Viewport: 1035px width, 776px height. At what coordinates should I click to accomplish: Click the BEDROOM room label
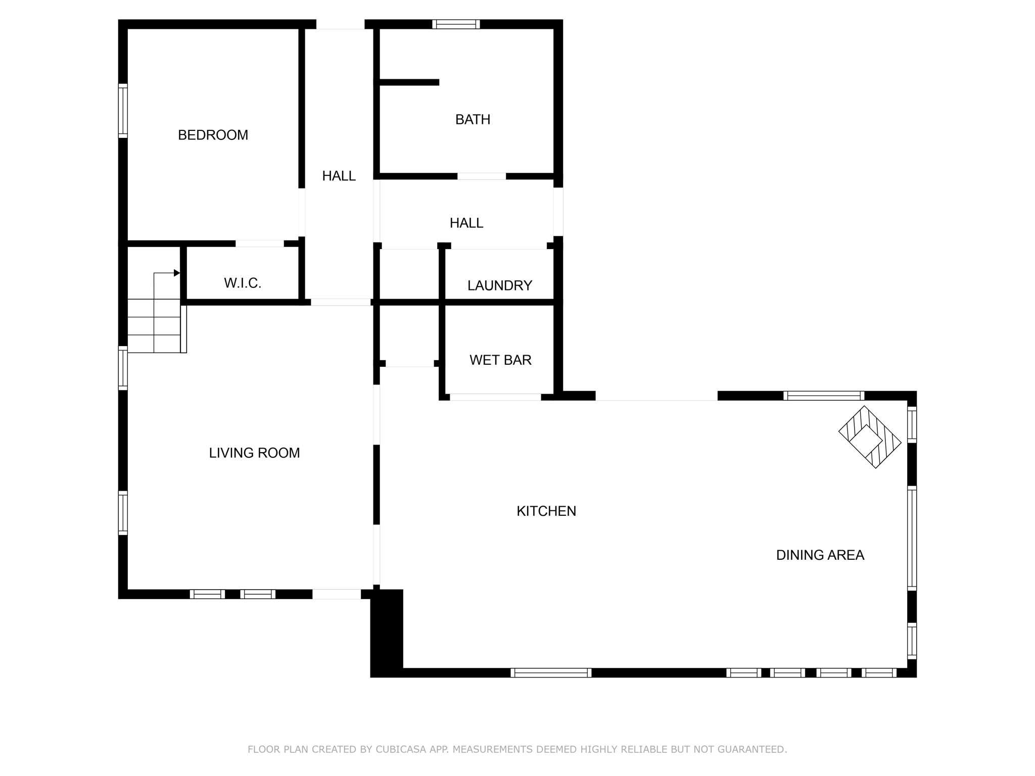[x=213, y=135]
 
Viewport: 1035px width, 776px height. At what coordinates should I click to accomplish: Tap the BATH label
[x=473, y=120]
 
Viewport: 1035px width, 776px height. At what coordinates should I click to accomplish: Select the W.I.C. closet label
[x=243, y=283]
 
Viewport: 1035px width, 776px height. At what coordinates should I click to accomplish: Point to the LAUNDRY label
[x=499, y=286]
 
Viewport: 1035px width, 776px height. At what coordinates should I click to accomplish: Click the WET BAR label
[x=500, y=360]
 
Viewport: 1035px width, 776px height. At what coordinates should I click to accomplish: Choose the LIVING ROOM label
[x=254, y=453]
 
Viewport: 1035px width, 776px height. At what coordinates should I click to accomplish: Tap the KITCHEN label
[x=546, y=511]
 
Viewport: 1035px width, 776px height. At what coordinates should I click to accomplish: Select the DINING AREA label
[x=820, y=555]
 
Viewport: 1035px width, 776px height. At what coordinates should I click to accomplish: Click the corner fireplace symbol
[x=870, y=437]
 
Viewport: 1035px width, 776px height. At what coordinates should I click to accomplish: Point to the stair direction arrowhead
[x=177, y=273]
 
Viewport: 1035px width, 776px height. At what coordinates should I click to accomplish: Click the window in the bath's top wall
[x=456, y=24]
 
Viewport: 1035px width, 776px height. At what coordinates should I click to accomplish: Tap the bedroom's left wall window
[x=123, y=111]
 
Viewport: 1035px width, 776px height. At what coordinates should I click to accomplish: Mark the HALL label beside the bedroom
[x=339, y=176]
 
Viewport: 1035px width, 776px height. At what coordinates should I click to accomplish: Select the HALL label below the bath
[x=466, y=223]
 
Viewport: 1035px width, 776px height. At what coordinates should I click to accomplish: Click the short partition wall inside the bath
[x=409, y=82]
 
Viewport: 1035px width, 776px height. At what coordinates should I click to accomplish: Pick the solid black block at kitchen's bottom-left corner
[x=387, y=632]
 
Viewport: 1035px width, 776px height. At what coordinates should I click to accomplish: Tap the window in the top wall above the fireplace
[x=824, y=396]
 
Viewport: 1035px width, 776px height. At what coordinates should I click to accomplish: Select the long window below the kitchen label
[x=551, y=672]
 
